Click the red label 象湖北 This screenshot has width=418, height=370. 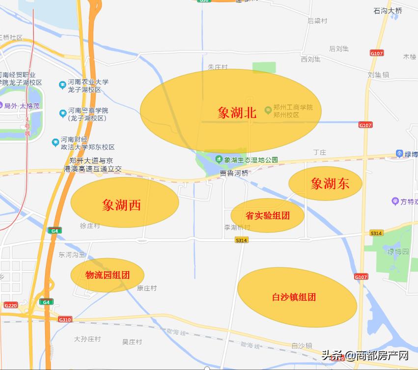tap(237, 113)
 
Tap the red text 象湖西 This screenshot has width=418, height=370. tap(121, 205)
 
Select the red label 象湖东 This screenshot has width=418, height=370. tap(330, 183)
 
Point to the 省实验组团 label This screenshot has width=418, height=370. tap(267, 215)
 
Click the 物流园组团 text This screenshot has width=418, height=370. tap(108, 275)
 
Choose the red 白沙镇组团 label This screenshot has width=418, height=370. tap(294, 297)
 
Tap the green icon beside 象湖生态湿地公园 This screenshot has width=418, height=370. tap(218, 159)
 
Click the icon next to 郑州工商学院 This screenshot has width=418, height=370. tap(268, 109)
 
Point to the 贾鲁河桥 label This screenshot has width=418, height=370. tap(234, 173)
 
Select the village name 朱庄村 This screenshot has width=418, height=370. tap(218, 67)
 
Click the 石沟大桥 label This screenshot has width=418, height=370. tap(388, 10)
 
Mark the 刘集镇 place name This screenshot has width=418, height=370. tap(378, 75)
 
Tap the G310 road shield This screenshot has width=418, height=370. tap(65, 319)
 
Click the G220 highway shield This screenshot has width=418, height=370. tap(10, 305)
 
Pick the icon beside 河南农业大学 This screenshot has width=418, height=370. tap(62, 85)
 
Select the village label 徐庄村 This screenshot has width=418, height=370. tap(89, 226)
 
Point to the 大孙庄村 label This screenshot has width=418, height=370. tap(87, 339)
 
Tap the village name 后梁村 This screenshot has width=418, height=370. tap(317, 21)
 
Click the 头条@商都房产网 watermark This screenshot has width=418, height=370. tap(365, 355)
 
